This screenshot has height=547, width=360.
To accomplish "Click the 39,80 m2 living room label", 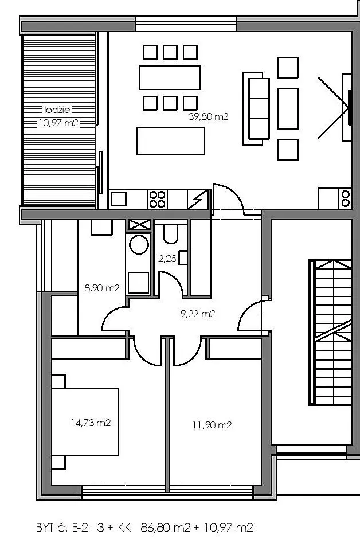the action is [x=208, y=116].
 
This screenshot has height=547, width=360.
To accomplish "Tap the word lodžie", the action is [x=57, y=110].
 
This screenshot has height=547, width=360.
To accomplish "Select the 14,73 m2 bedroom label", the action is [x=91, y=423].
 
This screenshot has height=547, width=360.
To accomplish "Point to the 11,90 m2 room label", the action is [x=212, y=425].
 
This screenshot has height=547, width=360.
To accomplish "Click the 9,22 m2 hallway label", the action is [x=198, y=314].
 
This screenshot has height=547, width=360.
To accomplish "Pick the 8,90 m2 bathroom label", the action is [x=102, y=288].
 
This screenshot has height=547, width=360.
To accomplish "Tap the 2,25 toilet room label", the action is [x=167, y=259].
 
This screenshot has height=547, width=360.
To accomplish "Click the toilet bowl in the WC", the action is [x=171, y=234].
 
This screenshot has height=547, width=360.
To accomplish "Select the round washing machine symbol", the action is [x=139, y=244].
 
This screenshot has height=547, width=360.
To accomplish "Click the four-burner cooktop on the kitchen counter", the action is [x=157, y=200].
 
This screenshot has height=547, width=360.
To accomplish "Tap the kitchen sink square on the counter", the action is [x=119, y=199].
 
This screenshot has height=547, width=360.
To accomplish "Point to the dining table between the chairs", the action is [x=170, y=77].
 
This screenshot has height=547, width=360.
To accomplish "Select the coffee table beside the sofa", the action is [x=288, y=108].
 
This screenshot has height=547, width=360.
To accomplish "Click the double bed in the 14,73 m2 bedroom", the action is [x=85, y=422].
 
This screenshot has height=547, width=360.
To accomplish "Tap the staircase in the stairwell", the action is [x=330, y=333].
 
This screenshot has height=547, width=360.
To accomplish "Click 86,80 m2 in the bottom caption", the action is [x=165, y=527].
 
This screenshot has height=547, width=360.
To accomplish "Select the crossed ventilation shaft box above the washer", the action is [x=139, y=225].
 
